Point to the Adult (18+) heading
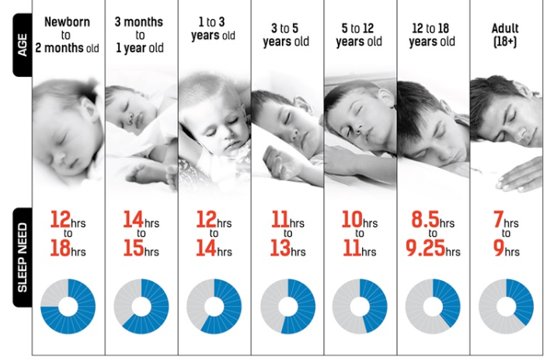click(x=506, y=35)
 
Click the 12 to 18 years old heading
click(x=433, y=35)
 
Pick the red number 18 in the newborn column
click(x=59, y=250)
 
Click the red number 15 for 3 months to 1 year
click(x=133, y=250)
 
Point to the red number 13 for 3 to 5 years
click(x=278, y=250)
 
